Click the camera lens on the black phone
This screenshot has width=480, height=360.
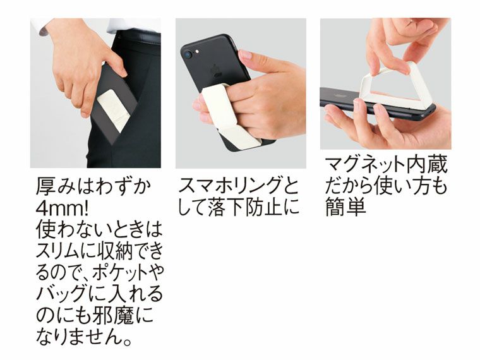point(188,54)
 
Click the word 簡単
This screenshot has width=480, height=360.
point(345,208)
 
